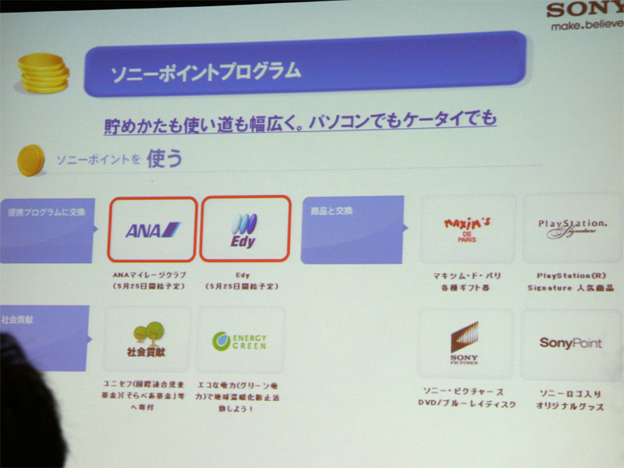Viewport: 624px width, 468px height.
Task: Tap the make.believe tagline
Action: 586,26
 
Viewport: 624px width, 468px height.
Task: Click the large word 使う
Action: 165,158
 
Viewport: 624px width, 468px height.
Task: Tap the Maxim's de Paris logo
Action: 467,228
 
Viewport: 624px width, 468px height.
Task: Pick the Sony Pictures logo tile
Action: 466,343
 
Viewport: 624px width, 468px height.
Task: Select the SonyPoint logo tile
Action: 570,343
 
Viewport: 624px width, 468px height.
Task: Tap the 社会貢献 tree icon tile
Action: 147,339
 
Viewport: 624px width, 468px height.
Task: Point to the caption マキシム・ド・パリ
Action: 466,276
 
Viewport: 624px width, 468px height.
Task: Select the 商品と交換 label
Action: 328,211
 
